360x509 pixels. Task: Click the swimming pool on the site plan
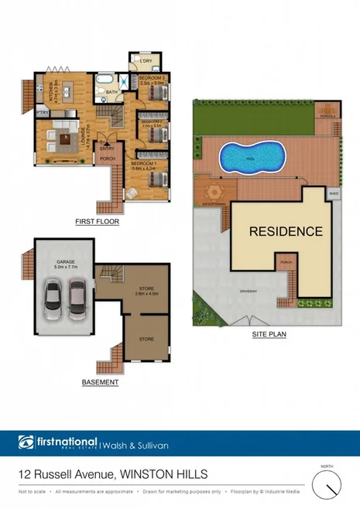click(249, 158)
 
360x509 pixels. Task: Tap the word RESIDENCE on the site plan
click(286, 231)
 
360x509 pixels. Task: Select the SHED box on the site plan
click(334, 193)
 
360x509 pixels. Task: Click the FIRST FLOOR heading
click(97, 221)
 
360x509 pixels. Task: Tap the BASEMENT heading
click(100, 382)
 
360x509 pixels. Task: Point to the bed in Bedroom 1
click(156, 179)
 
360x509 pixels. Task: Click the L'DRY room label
click(149, 60)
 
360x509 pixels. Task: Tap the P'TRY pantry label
click(43, 113)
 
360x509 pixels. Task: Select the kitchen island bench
click(67, 91)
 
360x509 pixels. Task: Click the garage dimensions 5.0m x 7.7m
click(65, 267)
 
